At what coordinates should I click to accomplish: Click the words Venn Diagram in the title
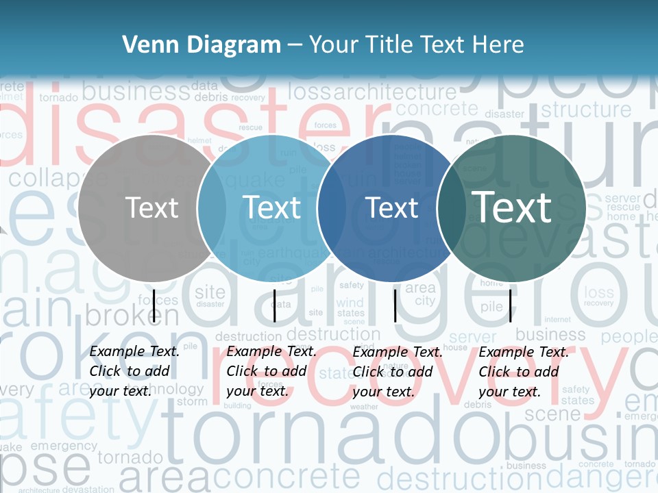point(202,45)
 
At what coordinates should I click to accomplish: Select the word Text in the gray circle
point(151,207)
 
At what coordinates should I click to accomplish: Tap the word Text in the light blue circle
point(272,207)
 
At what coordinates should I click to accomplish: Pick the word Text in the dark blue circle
point(392,207)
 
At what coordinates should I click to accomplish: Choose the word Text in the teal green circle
point(512,207)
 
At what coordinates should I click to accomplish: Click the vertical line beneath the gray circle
point(154,305)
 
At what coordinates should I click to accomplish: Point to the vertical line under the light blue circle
point(274,305)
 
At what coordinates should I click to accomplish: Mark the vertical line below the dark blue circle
point(395,305)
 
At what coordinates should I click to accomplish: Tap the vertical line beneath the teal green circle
point(511,305)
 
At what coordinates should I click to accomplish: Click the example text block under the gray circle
point(134,371)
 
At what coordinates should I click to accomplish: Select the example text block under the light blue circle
point(271,371)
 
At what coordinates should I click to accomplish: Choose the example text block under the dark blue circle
point(398,371)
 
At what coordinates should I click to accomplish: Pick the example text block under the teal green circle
point(524,371)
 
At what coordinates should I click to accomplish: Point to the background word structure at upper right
point(586,110)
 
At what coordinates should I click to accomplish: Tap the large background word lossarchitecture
point(372,92)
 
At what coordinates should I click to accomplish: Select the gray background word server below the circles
point(473,337)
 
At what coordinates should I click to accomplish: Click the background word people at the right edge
point(629,337)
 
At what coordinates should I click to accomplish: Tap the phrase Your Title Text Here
point(416,45)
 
